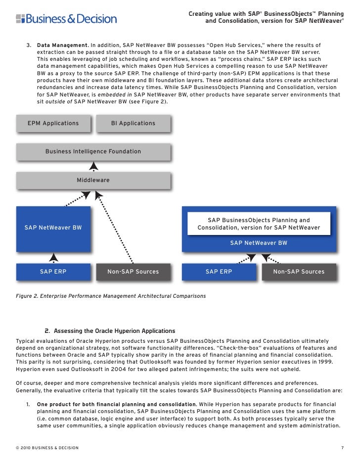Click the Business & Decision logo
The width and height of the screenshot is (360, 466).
pyautogui.click(x=66, y=19)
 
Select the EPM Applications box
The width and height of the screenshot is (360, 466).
pyautogui.click(x=53, y=123)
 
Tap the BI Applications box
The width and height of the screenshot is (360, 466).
pyautogui.click(x=133, y=123)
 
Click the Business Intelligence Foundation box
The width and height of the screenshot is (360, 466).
pyautogui.click(x=93, y=151)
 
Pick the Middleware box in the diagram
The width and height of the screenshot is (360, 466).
pyautogui.click(x=93, y=180)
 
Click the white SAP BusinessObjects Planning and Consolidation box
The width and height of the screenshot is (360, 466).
pyautogui.click(x=259, y=224)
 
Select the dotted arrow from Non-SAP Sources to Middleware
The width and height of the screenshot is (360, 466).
pyautogui.click(x=116, y=228)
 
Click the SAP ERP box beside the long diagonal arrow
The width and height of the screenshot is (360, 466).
pyautogui.click(x=53, y=272)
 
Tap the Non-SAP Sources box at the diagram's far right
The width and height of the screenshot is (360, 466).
pyautogui.click(x=299, y=272)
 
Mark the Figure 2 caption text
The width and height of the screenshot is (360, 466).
pyautogui.click(x=111, y=296)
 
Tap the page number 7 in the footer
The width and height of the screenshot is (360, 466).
pyautogui.click(x=342, y=448)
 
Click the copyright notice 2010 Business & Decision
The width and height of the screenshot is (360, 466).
pyautogui.click(x=47, y=448)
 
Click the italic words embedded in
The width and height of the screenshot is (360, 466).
pyautogui.click(x=111, y=94)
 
